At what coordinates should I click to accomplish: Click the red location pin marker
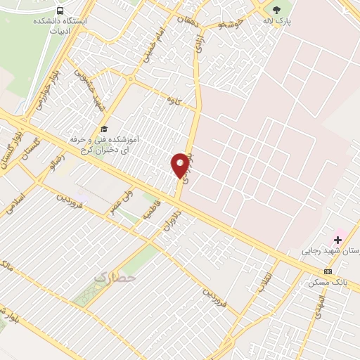(x=181, y=165)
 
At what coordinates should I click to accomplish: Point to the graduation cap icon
(x=104, y=129)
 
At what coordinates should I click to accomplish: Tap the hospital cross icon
(x=338, y=240)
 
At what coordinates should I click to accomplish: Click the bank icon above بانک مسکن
(x=328, y=271)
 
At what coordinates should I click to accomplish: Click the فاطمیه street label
(x=152, y=209)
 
